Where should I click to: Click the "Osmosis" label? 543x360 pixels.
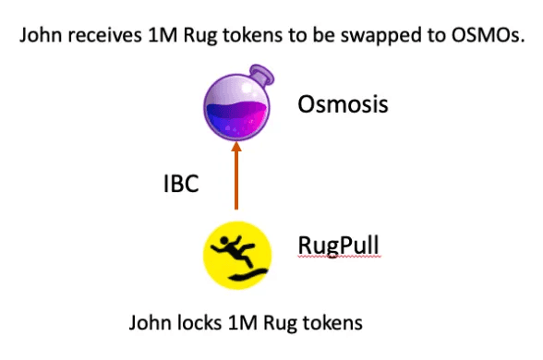tap(343, 103)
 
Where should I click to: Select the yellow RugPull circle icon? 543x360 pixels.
tap(237, 251)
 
